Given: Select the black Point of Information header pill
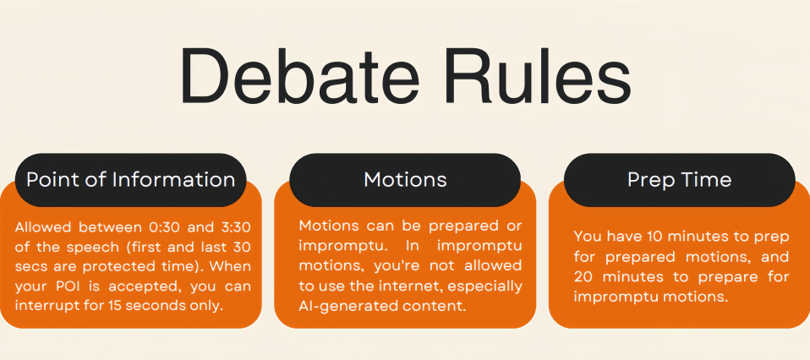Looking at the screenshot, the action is [131, 180].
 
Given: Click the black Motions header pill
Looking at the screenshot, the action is [405, 180].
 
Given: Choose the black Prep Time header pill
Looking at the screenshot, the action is [679, 180].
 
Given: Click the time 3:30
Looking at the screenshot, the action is [235, 226].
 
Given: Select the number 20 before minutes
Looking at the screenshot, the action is [583, 277].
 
